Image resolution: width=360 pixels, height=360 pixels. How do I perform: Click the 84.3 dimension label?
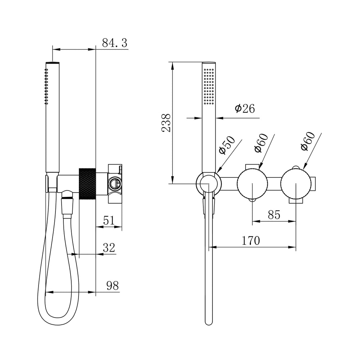tap(114, 43)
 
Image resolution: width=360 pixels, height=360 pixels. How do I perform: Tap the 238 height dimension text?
tap(166, 123)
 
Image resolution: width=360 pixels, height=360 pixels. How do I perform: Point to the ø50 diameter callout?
tap(227, 145)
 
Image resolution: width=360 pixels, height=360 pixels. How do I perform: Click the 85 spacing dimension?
tap(274, 215)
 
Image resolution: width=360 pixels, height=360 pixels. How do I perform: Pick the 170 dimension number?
tap(251, 240)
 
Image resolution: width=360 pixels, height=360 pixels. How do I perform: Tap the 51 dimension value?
tap(109, 220)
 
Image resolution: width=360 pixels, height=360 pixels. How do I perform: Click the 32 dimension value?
tap(109, 248)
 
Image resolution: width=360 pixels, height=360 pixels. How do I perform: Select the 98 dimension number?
tap(112, 285)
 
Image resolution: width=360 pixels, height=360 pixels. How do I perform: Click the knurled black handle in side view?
tap(87, 184)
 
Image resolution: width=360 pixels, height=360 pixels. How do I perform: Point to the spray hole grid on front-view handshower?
tap(209, 86)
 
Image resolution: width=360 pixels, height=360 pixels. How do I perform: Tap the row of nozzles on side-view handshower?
tap(46, 86)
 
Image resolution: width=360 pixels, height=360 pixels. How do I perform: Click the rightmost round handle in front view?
tap(296, 184)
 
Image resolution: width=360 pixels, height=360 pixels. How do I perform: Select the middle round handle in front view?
tap(252, 184)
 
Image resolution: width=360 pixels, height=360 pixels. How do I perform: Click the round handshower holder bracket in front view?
tap(209, 184)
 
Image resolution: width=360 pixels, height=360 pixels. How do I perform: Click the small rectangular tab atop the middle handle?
tap(252, 166)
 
